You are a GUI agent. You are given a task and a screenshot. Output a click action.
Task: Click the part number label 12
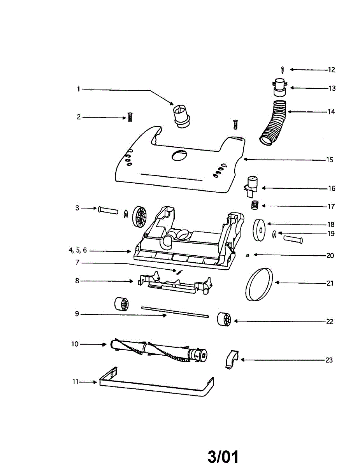pyautogui.click(x=331, y=70)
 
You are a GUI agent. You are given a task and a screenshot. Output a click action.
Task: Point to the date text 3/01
pyautogui.click(x=223, y=456)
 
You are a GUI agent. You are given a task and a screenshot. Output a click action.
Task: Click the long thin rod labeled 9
pyautogui.click(x=175, y=311)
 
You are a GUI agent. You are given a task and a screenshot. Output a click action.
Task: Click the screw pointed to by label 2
pyautogui.click(x=130, y=117)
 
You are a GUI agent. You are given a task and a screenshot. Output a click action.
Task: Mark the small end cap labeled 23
pyautogui.click(x=232, y=358)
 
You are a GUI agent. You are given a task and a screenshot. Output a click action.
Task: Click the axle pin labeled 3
pyautogui.click(x=108, y=210)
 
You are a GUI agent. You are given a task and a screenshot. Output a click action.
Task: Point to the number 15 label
pyautogui.click(x=329, y=160)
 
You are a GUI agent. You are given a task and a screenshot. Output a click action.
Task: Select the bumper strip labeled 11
pyautogui.click(x=156, y=387)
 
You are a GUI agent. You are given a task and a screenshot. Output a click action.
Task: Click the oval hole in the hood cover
pyautogui.click(x=179, y=155)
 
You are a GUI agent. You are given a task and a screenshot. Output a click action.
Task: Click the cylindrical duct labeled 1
pyautogui.click(x=181, y=115)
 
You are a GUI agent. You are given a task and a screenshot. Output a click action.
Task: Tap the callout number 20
pyautogui.click(x=330, y=256)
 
